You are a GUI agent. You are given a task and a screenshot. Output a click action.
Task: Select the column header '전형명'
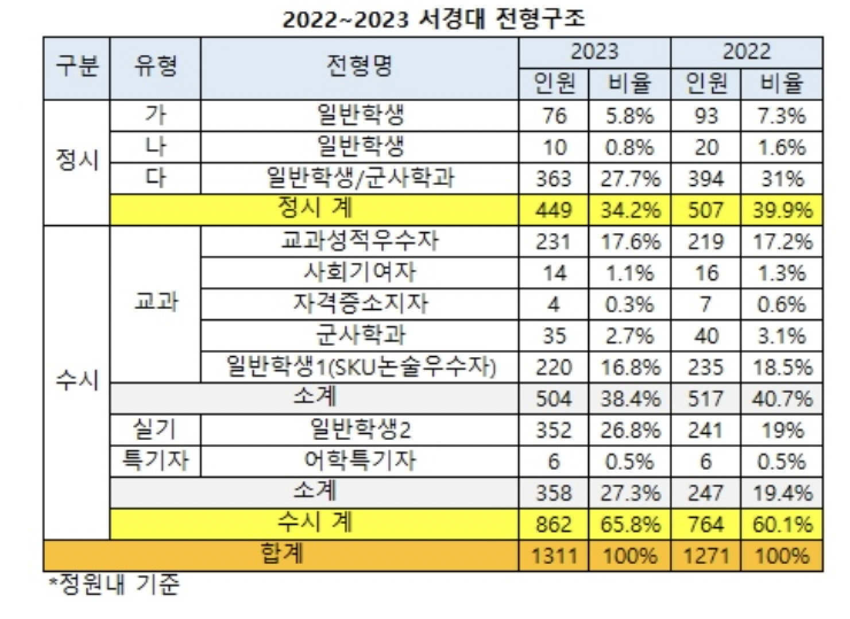tap(360, 67)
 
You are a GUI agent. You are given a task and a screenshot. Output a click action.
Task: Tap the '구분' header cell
tap(77, 67)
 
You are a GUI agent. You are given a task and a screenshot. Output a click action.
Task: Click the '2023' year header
tap(594, 52)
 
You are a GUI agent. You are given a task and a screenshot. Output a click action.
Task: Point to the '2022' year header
tap(746, 52)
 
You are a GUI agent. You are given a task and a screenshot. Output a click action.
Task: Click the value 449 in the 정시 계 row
tap(554, 210)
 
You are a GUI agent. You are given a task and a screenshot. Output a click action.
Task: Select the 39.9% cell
tap(782, 210)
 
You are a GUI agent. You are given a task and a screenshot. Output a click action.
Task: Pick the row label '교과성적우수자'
tap(360, 241)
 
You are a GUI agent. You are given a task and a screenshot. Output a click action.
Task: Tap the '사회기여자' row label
tap(360, 272)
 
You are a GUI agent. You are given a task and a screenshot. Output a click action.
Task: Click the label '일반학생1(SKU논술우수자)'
tap(361, 366)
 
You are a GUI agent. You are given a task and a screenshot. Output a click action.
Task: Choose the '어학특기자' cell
tap(360, 461)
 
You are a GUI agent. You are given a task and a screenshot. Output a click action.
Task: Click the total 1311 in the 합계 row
tap(554, 555)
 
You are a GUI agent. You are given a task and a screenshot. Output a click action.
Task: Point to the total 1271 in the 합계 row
tap(706, 555)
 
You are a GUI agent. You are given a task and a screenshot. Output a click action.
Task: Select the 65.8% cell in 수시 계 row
tap(629, 524)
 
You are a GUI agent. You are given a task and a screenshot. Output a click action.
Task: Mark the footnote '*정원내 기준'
tap(115, 585)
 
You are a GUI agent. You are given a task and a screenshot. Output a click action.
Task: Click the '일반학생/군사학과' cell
tap(361, 178)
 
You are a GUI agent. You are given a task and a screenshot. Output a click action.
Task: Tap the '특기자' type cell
tap(155, 461)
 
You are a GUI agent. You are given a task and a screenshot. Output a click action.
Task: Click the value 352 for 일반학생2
tap(554, 430)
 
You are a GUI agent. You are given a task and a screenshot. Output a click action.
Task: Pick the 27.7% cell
tap(629, 178)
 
